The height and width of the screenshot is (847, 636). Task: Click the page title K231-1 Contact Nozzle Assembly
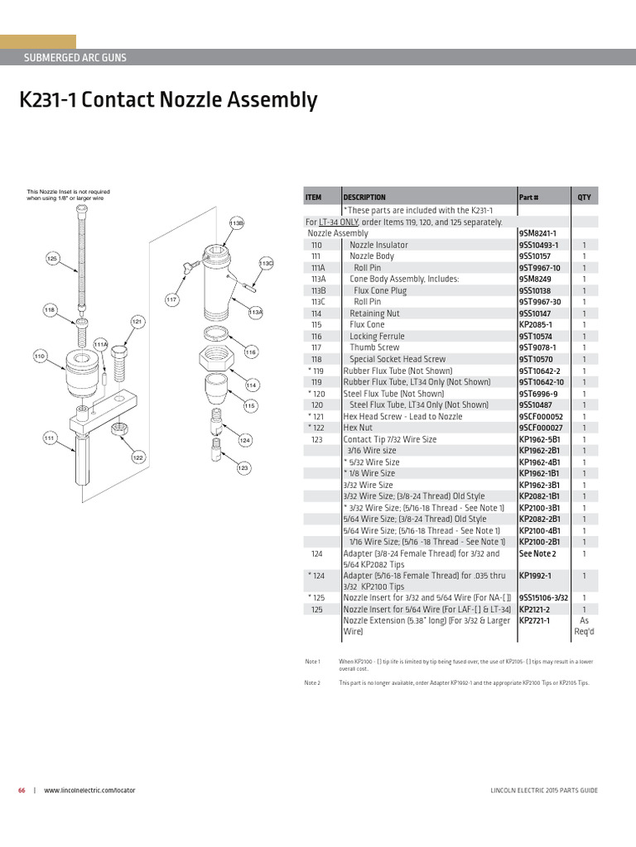click(x=168, y=101)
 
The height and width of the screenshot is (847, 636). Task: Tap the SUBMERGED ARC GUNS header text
click(x=75, y=58)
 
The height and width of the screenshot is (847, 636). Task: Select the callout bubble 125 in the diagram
click(x=52, y=259)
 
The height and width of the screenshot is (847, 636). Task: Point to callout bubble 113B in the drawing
click(x=236, y=223)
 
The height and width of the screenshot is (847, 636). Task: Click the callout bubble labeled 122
click(x=138, y=457)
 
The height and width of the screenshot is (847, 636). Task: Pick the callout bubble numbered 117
click(x=172, y=299)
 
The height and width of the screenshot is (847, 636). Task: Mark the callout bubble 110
click(x=39, y=356)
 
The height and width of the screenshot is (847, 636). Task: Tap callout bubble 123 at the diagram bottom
click(x=243, y=468)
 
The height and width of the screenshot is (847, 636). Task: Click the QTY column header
click(x=584, y=198)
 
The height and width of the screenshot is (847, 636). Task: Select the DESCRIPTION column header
click(x=364, y=198)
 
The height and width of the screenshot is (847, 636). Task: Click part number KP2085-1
click(x=535, y=325)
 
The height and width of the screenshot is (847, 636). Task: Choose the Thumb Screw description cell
click(x=374, y=348)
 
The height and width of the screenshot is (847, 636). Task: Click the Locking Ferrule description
click(x=377, y=337)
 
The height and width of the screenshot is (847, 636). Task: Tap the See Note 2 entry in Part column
click(x=537, y=553)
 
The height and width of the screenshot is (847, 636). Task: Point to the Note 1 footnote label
click(x=312, y=662)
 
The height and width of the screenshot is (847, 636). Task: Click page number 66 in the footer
click(x=22, y=790)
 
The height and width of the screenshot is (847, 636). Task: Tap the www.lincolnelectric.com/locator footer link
click(x=89, y=790)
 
